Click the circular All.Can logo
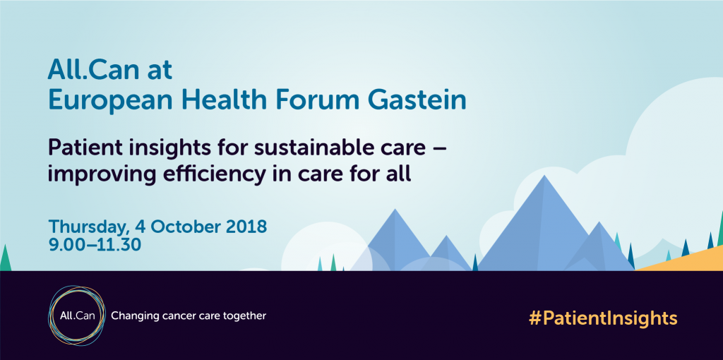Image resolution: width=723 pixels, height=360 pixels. tap(77, 316)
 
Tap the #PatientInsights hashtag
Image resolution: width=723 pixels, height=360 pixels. tap(603, 318)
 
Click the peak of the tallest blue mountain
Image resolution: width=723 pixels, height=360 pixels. tap(545, 176)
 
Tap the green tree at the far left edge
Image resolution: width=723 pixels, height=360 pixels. tap(5, 259)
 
